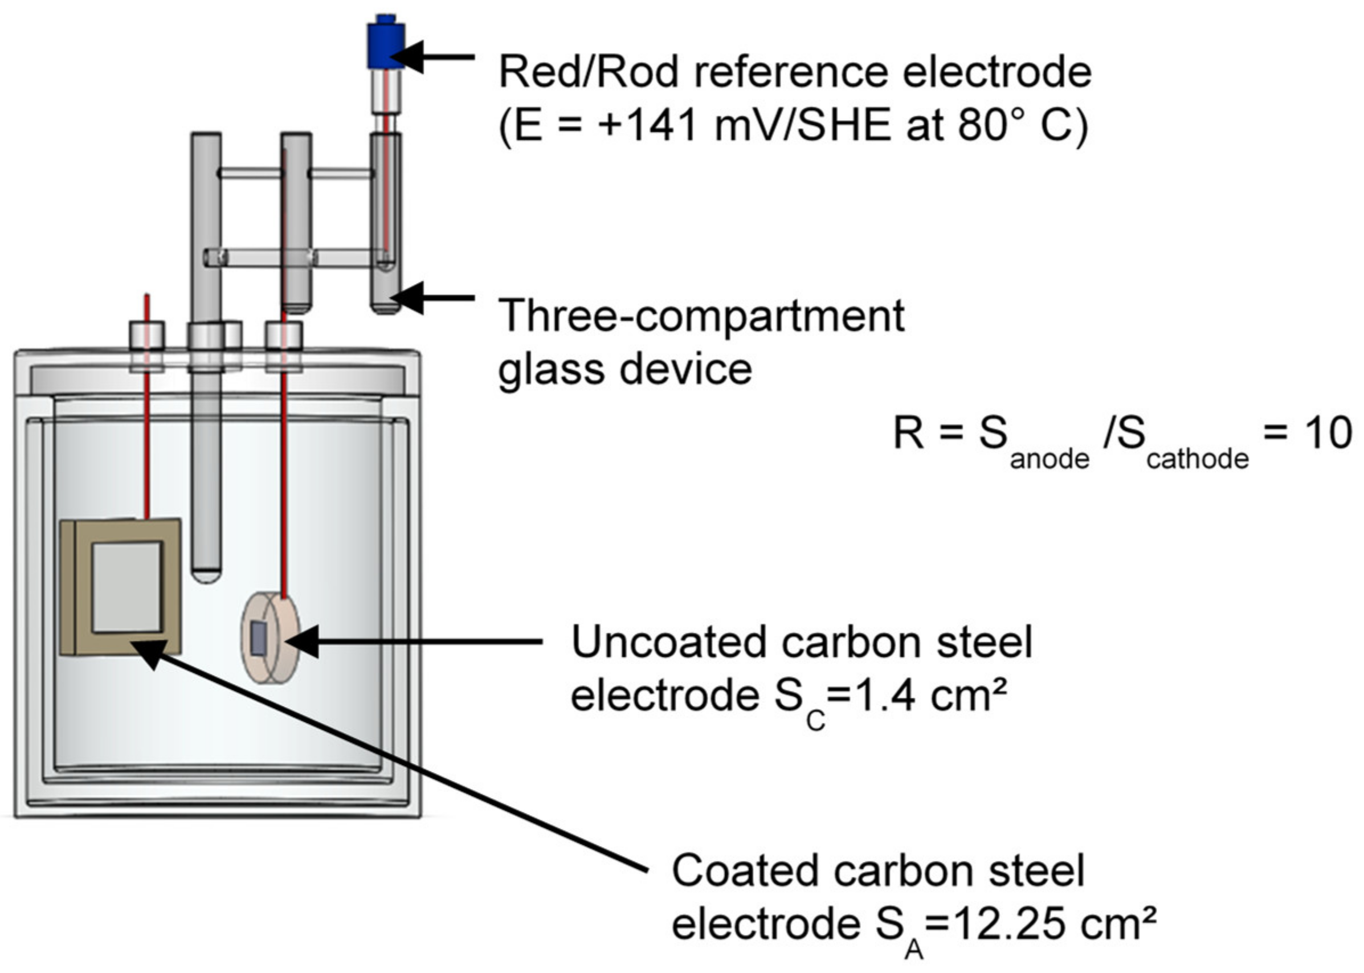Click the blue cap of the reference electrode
pyautogui.click(x=386, y=45)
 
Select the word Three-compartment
pyautogui.click(x=701, y=316)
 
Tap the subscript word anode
pyautogui.click(x=1049, y=460)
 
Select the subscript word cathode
pyautogui.click(x=1198, y=460)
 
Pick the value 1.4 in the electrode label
pyautogui.click(x=879, y=696)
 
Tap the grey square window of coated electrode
pyautogui.click(x=127, y=587)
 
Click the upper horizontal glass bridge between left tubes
pyautogui.click(x=250, y=173)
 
